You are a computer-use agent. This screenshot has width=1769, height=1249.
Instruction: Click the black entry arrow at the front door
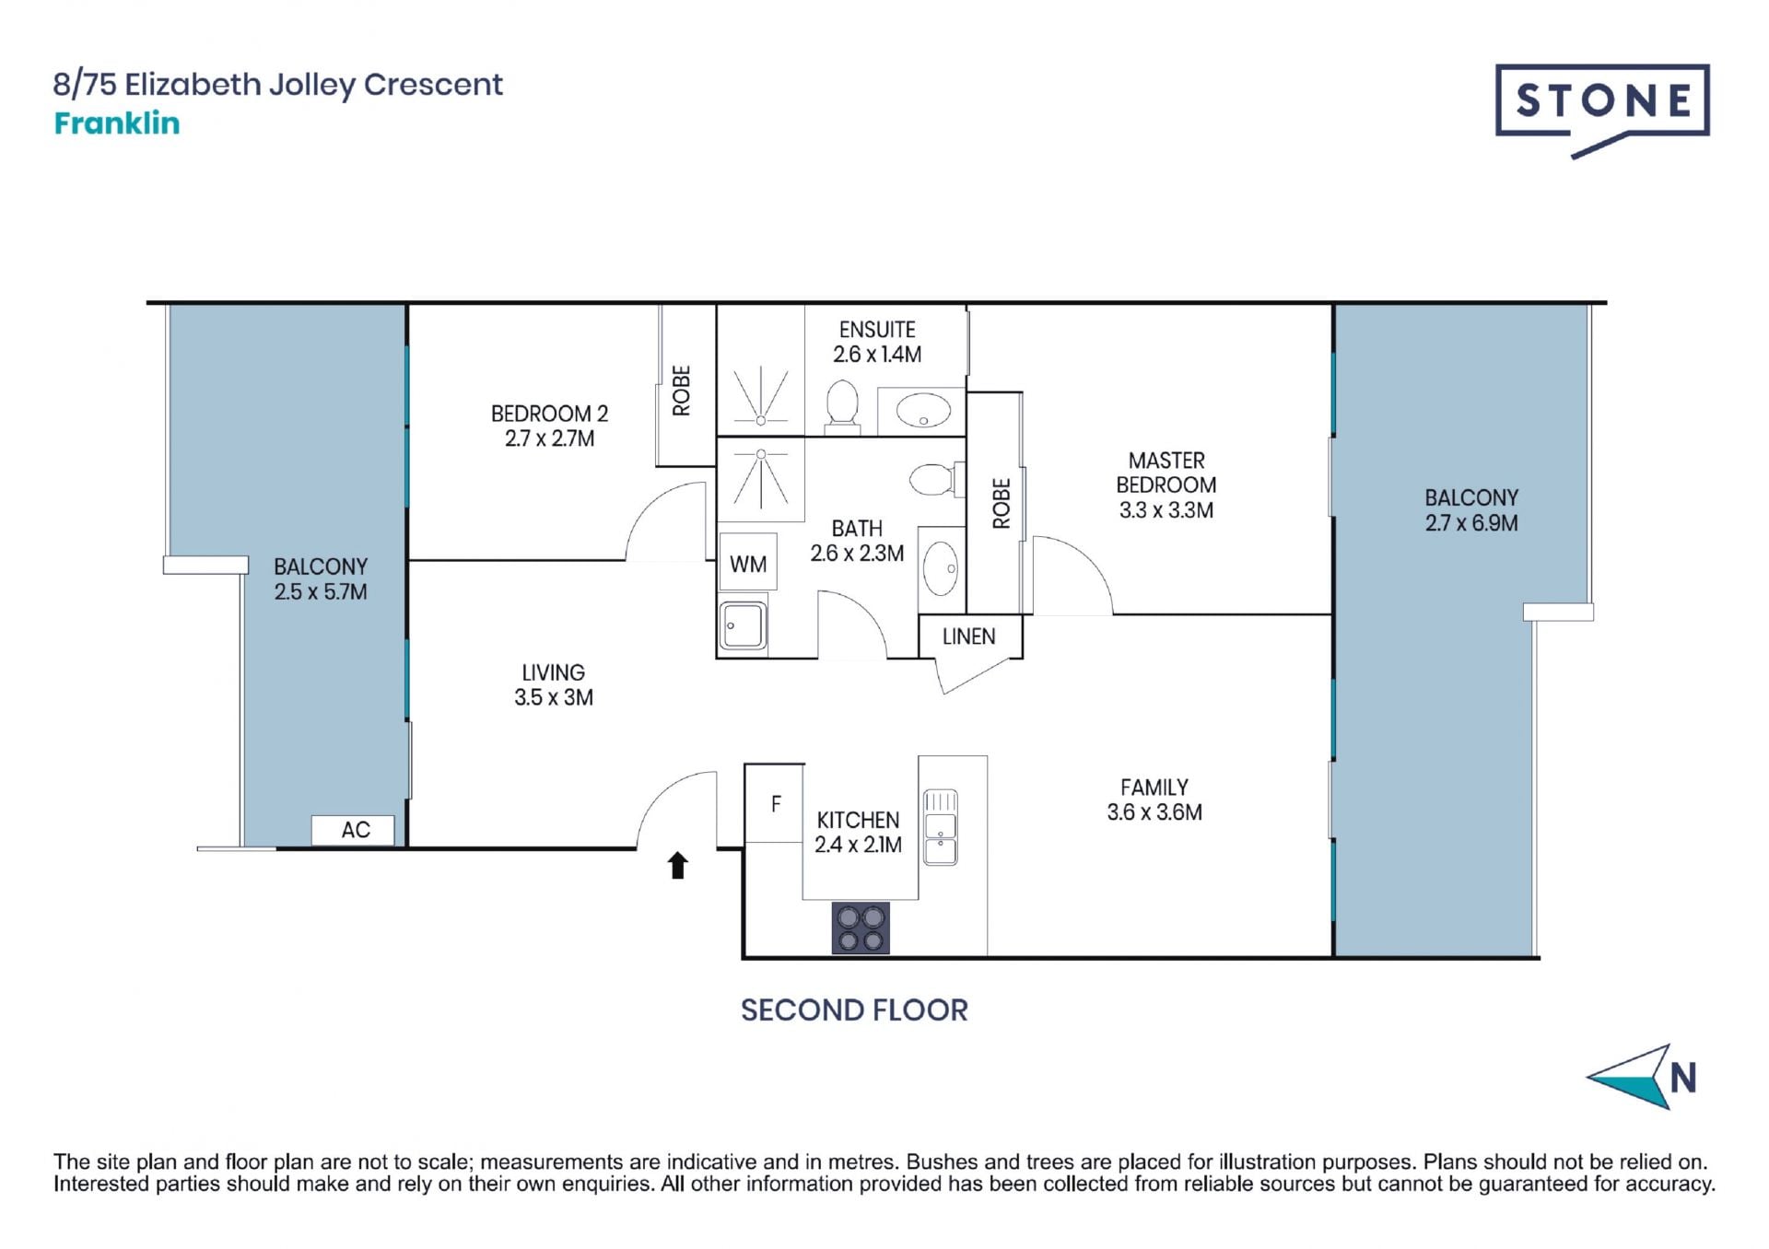tap(678, 865)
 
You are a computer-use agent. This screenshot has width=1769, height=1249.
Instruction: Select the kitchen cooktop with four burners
tap(861, 928)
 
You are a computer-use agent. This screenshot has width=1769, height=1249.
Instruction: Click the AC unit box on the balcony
tap(353, 830)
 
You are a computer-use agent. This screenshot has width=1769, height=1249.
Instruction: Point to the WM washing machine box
tap(747, 562)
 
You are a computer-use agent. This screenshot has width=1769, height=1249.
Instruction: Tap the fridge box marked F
tap(774, 802)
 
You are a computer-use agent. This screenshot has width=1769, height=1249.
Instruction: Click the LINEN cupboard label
tap(969, 636)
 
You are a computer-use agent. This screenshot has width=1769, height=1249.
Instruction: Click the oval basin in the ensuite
tap(924, 411)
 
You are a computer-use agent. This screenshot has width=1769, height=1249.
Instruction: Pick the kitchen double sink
tap(940, 826)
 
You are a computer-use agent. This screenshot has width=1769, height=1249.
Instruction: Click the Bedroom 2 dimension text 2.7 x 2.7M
tap(549, 439)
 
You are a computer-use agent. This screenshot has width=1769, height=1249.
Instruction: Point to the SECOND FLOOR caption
tap(854, 1010)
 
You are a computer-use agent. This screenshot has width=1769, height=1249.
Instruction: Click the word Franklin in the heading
tap(117, 123)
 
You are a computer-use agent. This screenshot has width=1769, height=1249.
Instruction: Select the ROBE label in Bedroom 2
tap(681, 391)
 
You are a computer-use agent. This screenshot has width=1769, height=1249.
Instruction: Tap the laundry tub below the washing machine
tap(743, 626)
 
